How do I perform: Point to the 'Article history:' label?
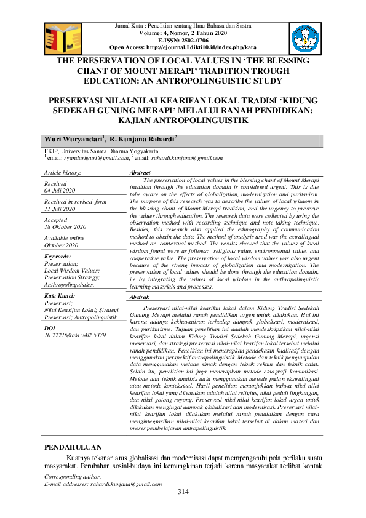63,174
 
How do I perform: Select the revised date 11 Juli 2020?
60,209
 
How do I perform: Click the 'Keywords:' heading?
58,256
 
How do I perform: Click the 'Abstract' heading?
141,173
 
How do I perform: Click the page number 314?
183,490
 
